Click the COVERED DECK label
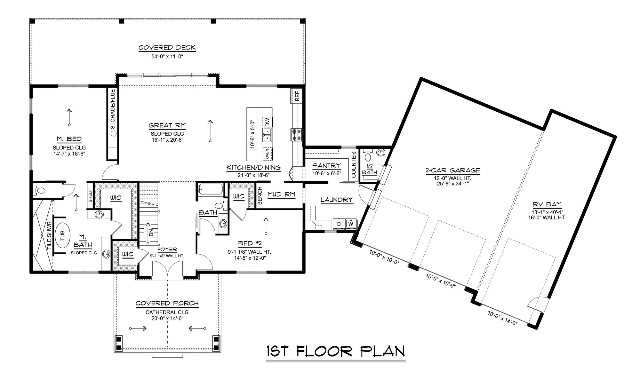[167, 48]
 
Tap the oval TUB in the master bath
[62, 235]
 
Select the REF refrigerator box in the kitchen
[297, 96]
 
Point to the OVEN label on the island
[267, 154]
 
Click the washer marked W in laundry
[351, 224]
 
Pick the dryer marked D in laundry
[339, 224]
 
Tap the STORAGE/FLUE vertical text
[113, 109]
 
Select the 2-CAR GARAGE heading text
[452, 170]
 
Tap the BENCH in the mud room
[260, 196]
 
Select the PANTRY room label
[326, 166]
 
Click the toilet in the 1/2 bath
[368, 157]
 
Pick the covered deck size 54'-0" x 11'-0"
[167, 57]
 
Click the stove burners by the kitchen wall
[295, 134]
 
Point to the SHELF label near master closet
[90, 196]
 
